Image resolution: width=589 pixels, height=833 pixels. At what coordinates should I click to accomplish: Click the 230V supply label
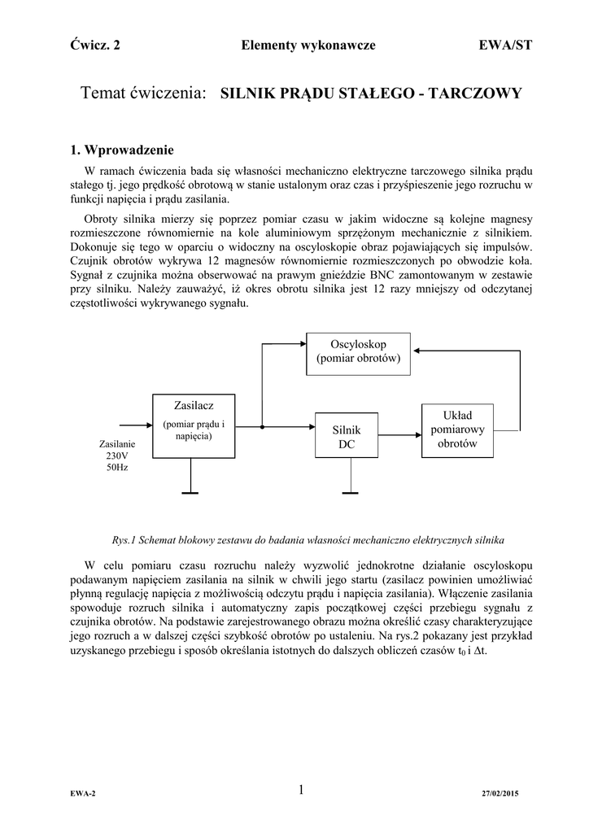[x=116, y=456]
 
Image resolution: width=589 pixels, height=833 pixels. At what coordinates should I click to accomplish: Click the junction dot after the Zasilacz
[x=262, y=425]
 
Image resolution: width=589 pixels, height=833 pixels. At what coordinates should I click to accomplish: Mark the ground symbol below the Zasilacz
[x=190, y=492]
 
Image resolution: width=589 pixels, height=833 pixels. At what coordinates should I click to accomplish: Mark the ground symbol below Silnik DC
[x=349, y=492]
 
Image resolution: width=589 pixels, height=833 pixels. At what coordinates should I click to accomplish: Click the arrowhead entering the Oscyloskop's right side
[x=416, y=351]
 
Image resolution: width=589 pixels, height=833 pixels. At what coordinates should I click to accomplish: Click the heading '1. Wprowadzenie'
[x=121, y=150]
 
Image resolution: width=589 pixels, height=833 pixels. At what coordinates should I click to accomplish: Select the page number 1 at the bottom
[x=300, y=789]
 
